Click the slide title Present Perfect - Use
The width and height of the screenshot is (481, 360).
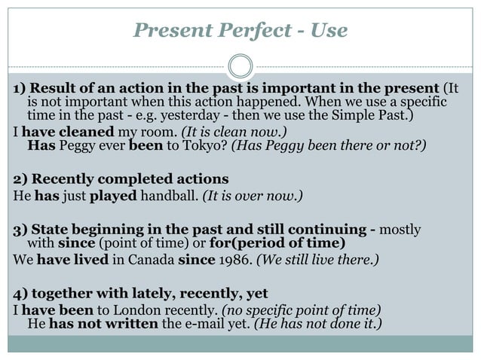(240, 30)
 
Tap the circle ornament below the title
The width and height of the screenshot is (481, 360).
(240, 66)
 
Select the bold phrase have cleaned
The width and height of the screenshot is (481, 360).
(63, 132)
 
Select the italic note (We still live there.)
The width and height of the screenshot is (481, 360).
(318, 260)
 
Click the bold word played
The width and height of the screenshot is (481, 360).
(111, 197)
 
